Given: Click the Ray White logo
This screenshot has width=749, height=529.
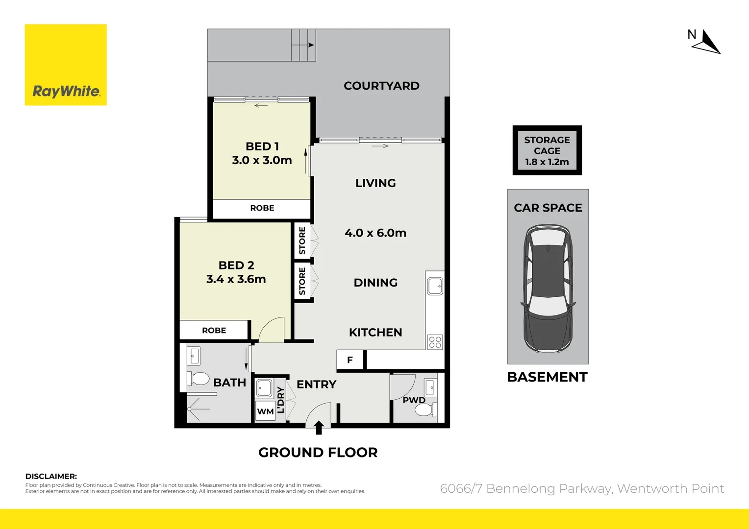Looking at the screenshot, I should click(x=66, y=65).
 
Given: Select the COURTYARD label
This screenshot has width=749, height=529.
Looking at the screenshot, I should click(x=381, y=86).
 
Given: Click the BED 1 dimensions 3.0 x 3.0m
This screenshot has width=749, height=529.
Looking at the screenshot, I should click(x=262, y=160).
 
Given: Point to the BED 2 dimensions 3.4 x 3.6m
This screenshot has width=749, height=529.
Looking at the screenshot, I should click(x=236, y=279).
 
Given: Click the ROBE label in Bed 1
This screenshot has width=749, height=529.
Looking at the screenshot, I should click(x=262, y=208).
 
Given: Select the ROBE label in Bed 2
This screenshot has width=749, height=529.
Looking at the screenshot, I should click(x=214, y=331).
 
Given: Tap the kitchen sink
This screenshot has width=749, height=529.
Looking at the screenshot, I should click(x=435, y=286).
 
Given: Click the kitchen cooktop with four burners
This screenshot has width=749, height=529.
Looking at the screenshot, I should click(x=435, y=342).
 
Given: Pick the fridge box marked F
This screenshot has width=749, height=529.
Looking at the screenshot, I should click(x=350, y=360).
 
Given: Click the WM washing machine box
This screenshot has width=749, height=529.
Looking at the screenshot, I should click(x=265, y=411).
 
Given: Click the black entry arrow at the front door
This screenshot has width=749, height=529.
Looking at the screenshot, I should click(x=319, y=428).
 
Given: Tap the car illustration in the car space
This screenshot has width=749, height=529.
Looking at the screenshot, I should click(x=548, y=289).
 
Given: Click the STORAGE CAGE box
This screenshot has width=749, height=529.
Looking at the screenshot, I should click(x=547, y=150).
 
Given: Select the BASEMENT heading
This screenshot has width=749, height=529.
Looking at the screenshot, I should click(x=547, y=377).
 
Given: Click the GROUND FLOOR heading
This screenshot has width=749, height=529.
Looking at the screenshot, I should click(x=318, y=453).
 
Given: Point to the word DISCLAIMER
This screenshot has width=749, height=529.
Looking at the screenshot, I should click(x=51, y=476).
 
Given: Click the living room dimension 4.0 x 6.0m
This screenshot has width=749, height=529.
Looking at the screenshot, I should click(x=375, y=233).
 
